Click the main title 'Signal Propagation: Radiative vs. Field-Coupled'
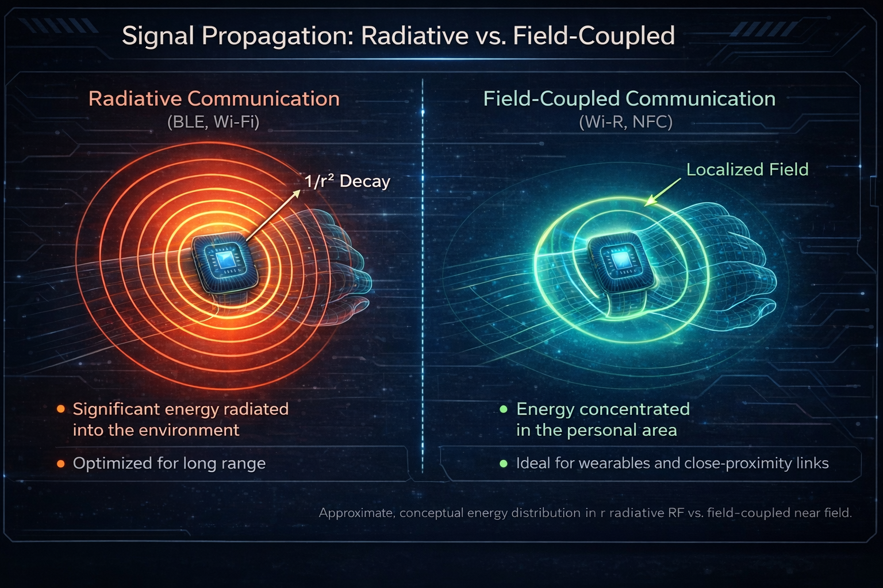(398, 36)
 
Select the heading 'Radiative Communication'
(214, 99)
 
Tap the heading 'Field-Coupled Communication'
(629, 99)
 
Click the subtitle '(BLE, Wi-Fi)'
(213, 122)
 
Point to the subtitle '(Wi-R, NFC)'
(625, 122)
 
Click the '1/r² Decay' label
(347, 181)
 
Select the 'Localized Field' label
(747, 169)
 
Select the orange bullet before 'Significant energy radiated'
(61, 409)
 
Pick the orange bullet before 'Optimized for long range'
(61, 463)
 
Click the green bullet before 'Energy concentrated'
(504, 409)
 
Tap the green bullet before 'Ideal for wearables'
(504, 463)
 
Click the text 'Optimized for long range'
(169, 463)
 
